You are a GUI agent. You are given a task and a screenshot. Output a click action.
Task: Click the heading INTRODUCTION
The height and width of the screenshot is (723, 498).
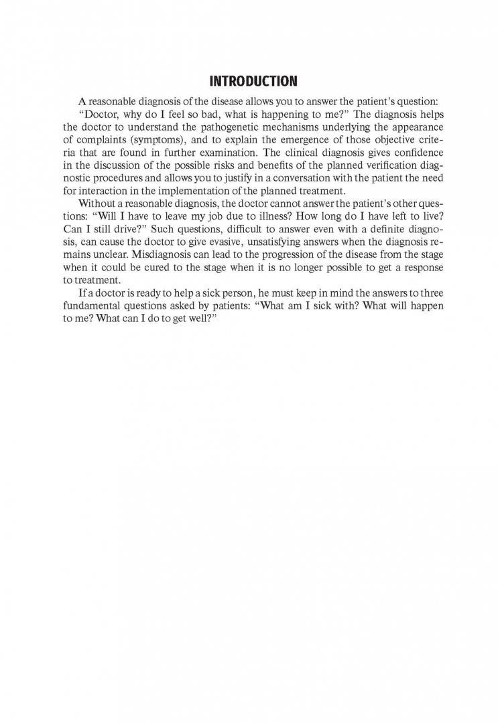point(253,82)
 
